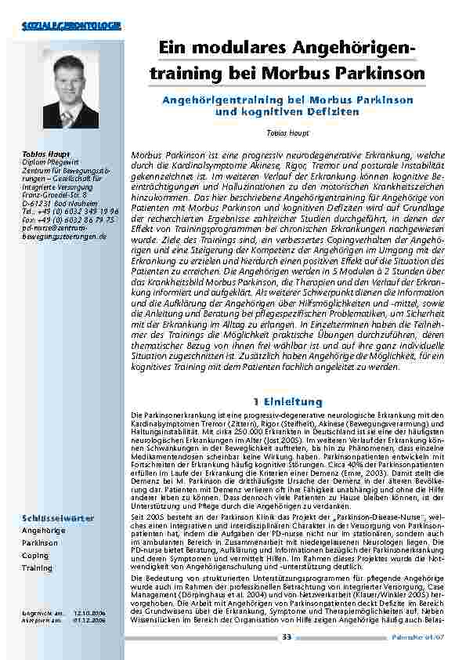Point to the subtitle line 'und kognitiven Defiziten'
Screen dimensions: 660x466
(287, 112)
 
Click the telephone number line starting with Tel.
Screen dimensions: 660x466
(70, 211)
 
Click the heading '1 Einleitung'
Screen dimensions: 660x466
(287, 401)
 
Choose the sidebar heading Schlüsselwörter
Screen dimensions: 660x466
(58, 518)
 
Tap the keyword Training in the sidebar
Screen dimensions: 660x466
(37, 568)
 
